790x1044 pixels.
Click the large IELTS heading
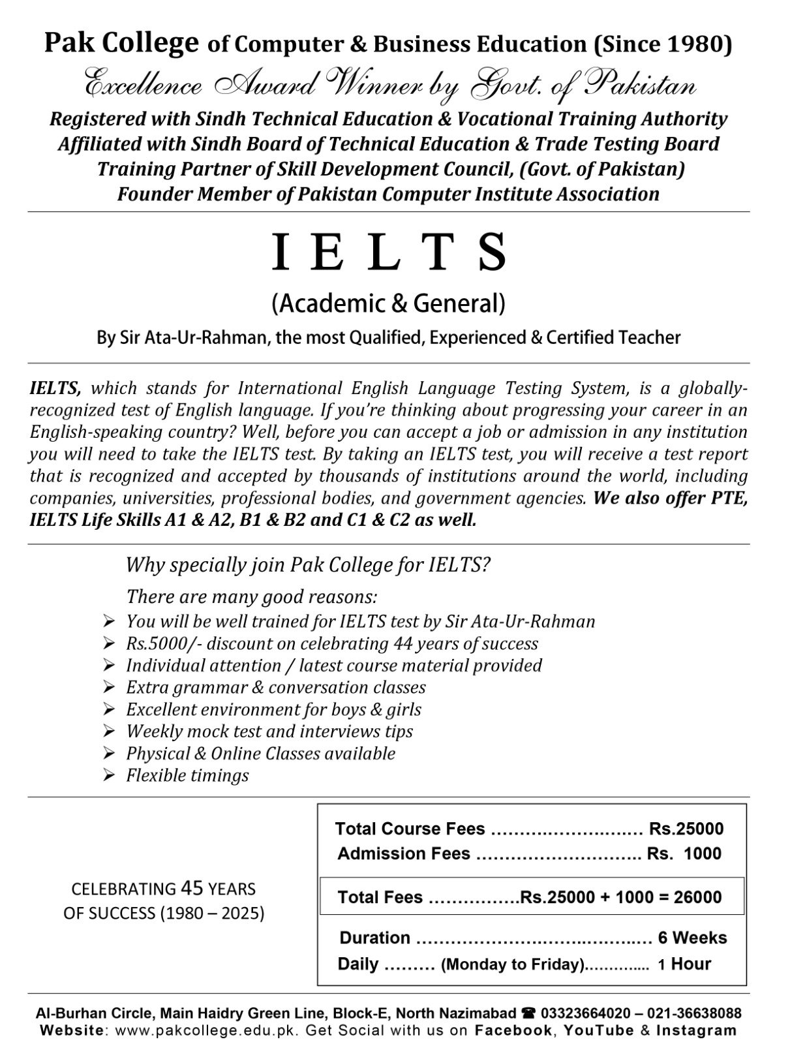click(389, 253)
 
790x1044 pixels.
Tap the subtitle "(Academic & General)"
click(389, 303)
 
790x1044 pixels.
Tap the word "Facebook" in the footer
click(513, 1031)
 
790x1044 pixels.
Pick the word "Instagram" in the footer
click(696, 1031)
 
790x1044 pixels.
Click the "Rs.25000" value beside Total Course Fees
click(686, 829)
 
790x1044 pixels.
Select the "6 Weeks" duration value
click(692, 938)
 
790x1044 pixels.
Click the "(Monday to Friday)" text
click(513, 964)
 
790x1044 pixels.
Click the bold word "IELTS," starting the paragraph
click(55, 388)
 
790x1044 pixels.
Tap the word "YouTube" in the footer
click(598, 1031)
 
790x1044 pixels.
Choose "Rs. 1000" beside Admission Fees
click(684, 853)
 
